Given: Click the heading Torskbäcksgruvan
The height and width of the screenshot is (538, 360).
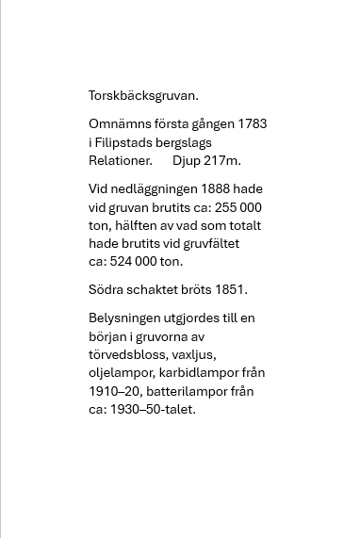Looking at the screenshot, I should click(x=143, y=95).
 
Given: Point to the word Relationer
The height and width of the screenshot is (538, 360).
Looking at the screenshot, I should click(x=121, y=160).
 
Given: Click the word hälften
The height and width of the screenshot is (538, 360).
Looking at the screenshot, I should click(x=140, y=225).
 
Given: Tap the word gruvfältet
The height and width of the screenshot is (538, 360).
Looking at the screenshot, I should click(x=212, y=243).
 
